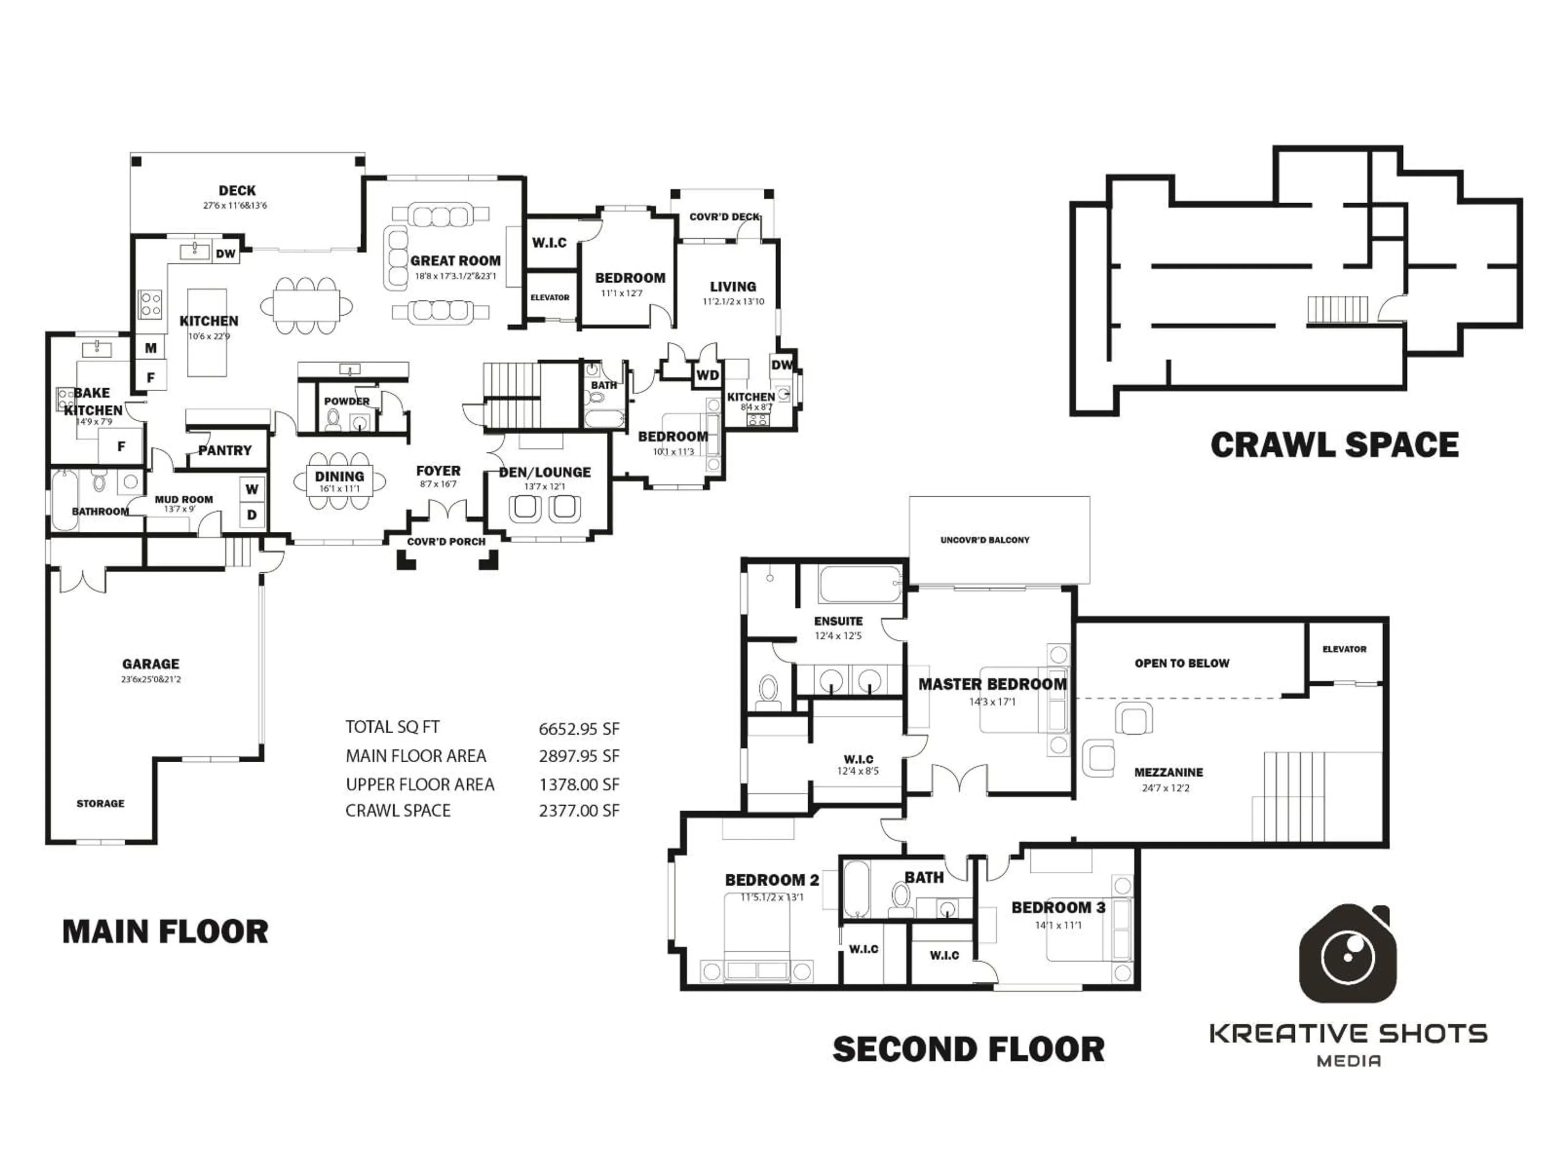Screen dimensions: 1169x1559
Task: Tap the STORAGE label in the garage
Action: pos(100,803)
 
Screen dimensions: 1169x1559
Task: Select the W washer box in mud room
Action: pos(252,489)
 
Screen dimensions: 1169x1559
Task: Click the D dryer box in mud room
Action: pos(252,515)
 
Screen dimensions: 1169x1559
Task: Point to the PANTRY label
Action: pos(225,450)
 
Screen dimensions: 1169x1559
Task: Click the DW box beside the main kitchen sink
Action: pos(226,254)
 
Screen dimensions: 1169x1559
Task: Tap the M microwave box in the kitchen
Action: pos(151,348)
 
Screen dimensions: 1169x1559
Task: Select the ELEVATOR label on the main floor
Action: pos(550,298)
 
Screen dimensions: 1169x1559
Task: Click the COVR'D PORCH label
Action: pos(446,541)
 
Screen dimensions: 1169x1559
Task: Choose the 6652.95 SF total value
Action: pos(579,729)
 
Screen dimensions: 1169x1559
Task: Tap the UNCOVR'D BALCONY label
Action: pos(985,540)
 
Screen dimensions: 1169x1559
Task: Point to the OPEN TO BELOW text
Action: pos(1181,663)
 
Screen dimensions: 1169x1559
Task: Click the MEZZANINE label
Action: pos(1168,772)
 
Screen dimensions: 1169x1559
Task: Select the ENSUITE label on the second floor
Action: pos(838,621)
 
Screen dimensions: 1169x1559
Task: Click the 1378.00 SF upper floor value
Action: pos(579,784)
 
